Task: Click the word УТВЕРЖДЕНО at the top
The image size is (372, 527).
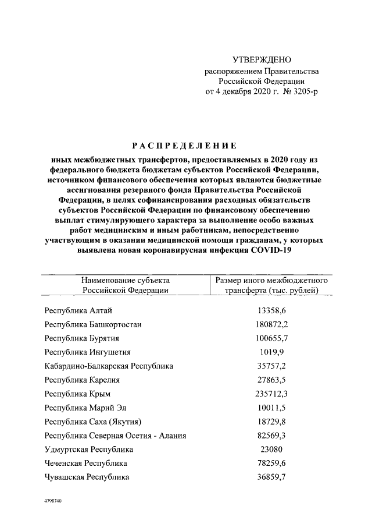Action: coord(261,60)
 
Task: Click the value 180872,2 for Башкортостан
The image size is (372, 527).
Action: coord(272,324)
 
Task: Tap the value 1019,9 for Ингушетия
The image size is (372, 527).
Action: coord(272,352)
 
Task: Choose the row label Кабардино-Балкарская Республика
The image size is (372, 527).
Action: coord(109,366)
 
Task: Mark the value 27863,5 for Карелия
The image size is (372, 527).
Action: coord(272,380)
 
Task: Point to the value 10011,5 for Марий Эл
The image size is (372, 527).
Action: coord(272,408)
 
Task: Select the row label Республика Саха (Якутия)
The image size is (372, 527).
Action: coord(93,421)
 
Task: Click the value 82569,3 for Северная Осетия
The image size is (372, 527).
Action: coord(272,436)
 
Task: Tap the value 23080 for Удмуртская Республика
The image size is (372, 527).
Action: coord(272,449)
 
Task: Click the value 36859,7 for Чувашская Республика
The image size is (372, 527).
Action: coord(272,477)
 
